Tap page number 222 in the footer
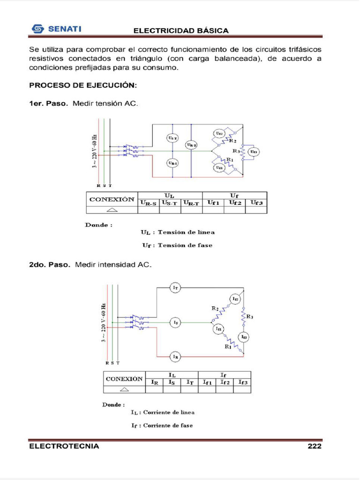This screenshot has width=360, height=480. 315,446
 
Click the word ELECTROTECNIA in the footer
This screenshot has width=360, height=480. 64,446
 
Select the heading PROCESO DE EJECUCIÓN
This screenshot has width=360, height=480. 83,86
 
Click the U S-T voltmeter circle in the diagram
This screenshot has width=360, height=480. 172,137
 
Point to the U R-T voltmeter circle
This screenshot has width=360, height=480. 191,145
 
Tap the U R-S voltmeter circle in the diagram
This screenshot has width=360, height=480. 172,163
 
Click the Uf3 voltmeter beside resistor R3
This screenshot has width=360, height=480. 253,151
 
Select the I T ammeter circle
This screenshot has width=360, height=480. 175,288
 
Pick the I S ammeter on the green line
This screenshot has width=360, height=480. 175,322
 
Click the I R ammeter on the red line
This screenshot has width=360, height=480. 175,357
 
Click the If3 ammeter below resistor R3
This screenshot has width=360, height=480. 244,337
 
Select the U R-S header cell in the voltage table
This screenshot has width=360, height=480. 148,203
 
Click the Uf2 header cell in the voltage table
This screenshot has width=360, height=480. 234,203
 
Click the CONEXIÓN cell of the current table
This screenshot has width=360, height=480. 124,378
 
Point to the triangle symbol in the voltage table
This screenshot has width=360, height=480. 112,210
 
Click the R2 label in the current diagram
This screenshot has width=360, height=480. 215,308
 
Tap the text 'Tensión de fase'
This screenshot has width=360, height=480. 185,245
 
